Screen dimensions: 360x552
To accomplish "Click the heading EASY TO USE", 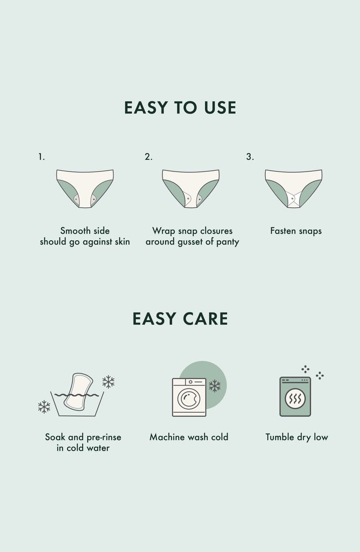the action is click(180, 108).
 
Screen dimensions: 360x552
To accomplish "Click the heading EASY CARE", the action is click(180, 318).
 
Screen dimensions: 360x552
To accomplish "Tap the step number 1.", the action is click(42, 156).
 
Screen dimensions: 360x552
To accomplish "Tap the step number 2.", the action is click(149, 156).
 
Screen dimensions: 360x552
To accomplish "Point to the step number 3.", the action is click(250, 156).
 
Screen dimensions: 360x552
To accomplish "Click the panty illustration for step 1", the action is click(85, 188).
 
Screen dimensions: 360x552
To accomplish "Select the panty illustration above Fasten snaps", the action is click(294, 188).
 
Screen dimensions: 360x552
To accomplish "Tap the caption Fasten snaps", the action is click(296, 231).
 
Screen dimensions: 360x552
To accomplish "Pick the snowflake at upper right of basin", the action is click(108, 382).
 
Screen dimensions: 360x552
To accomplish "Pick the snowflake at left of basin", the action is click(44, 407).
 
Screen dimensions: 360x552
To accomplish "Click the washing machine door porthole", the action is click(189, 398).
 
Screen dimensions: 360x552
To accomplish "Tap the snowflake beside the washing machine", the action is click(215, 386).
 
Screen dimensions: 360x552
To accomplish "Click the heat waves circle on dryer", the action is click(295, 398).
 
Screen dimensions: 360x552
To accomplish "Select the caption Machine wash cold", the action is click(189, 437).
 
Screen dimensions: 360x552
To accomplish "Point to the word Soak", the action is click(55, 437).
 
